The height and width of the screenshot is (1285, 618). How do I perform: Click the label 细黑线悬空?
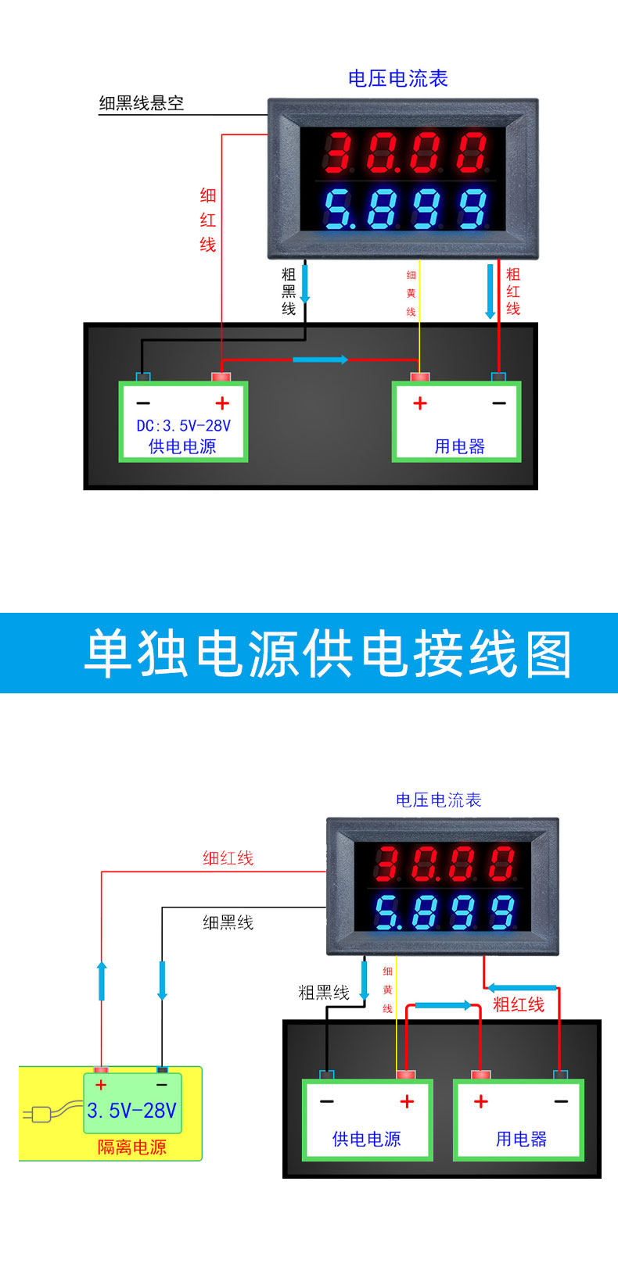141,103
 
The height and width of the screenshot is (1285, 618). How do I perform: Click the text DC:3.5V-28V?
184,426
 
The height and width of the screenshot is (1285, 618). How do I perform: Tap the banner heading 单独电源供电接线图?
329,654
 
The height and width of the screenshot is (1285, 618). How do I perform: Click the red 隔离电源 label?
132,1147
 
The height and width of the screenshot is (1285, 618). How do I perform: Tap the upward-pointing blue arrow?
102,981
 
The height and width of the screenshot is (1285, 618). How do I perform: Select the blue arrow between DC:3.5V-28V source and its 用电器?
320,360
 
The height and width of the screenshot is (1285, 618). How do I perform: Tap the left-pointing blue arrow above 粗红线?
522,987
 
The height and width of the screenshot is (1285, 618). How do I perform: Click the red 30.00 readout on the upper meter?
406,152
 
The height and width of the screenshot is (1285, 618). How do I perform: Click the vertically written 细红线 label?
207,220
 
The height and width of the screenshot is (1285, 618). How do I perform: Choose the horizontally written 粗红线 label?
518,1004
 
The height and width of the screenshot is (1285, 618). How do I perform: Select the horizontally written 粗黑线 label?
323,993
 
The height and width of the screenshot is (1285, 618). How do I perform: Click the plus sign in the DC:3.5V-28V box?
222,403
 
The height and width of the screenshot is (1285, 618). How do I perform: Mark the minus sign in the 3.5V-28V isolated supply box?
162,1085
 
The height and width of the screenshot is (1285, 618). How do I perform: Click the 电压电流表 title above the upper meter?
397,78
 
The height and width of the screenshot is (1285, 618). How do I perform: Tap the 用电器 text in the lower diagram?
520,1139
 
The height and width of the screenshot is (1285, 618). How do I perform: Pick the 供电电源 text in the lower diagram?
366,1139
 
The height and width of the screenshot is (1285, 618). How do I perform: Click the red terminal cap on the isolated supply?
101,1069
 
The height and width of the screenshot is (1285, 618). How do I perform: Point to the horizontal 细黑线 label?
228,922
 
